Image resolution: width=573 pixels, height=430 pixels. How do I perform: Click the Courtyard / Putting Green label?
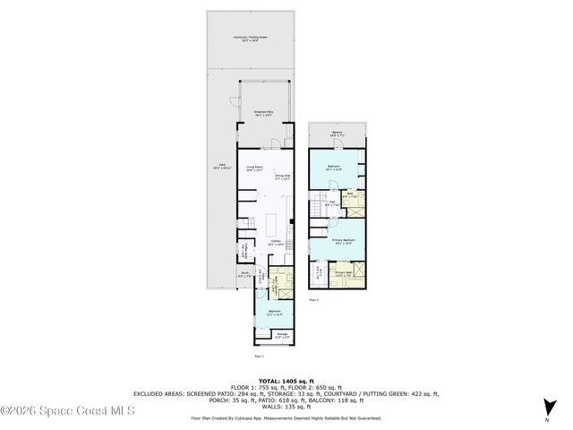click(x=252, y=39)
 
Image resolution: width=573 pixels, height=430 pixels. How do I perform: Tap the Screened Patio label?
click(x=263, y=112)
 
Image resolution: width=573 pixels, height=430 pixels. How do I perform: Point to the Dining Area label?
click(x=283, y=178)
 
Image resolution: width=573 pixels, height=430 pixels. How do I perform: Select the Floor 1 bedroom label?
click(x=273, y=313)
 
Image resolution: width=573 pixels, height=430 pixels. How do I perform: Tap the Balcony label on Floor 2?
click(x=337, y=133)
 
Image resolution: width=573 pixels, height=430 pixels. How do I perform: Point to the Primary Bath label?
click(x=345, y=272)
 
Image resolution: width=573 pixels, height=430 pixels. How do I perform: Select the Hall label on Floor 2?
click(x=330, y=203)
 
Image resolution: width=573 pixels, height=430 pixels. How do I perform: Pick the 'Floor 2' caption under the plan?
click(x=314, y=300)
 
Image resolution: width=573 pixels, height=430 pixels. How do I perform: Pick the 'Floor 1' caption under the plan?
click(x=259, y=357)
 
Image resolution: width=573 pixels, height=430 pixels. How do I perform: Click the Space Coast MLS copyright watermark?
click(x=67, y=411)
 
